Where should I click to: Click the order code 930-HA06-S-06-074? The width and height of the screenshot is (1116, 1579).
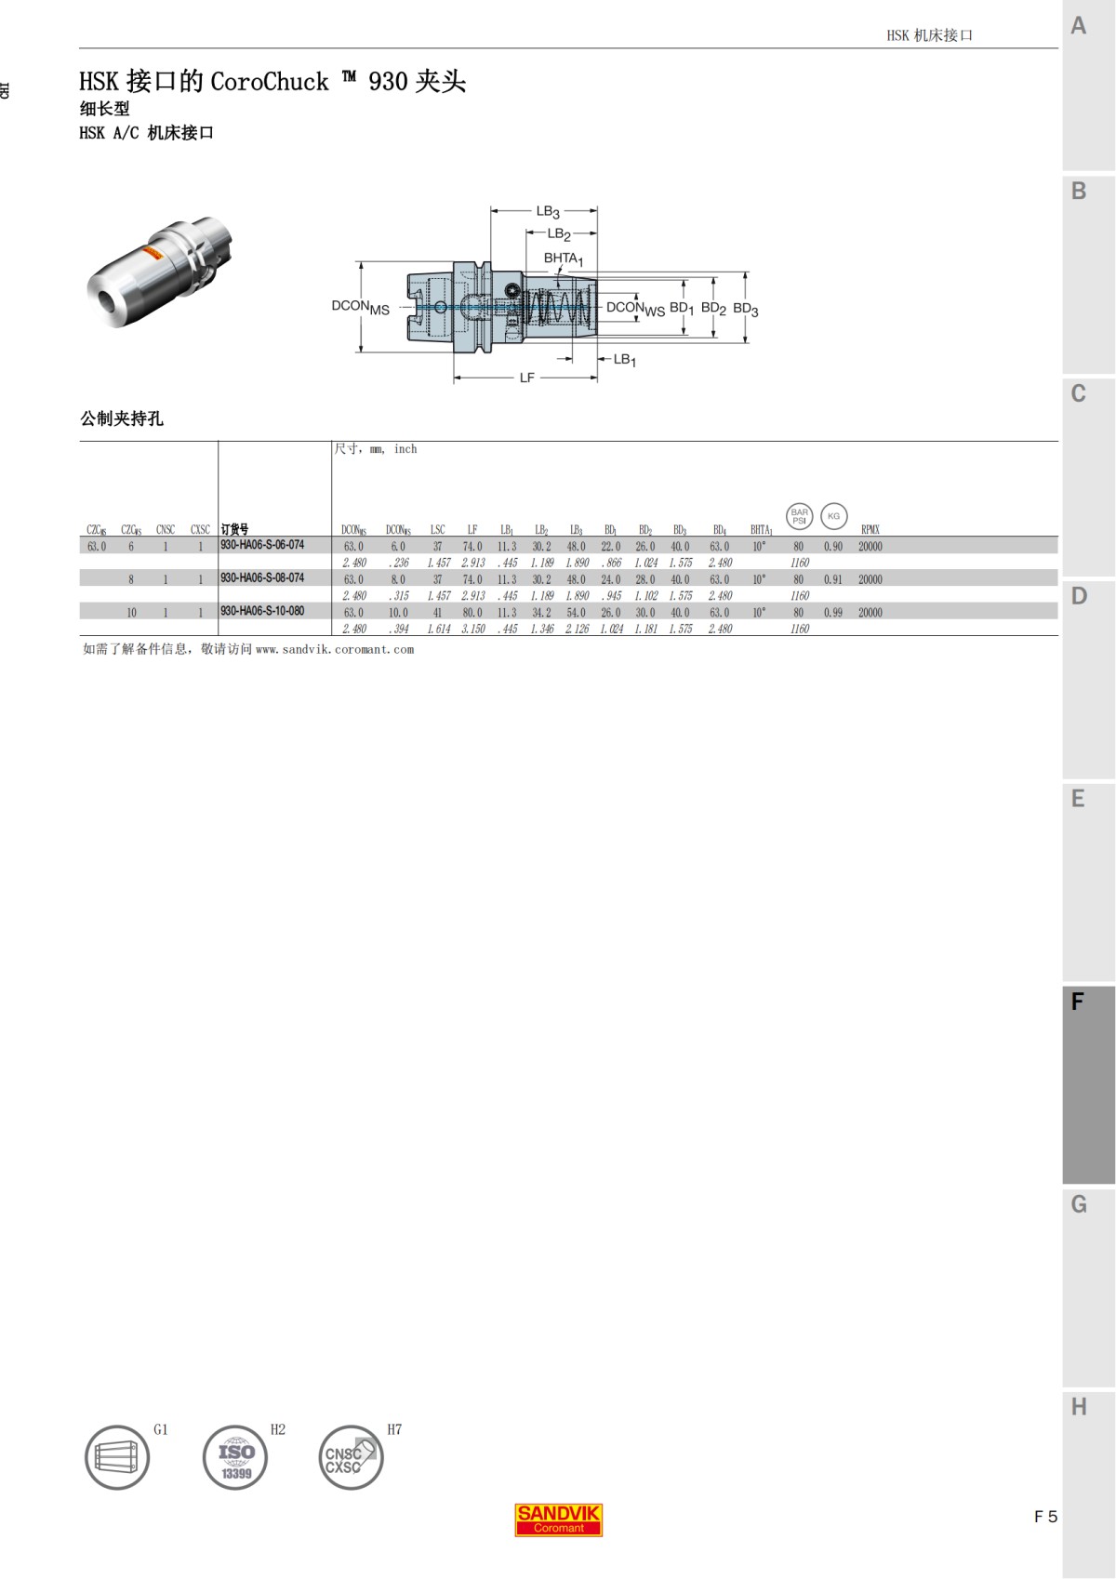click(262, 545)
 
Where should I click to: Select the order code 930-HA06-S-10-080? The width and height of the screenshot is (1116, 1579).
click(262, 611)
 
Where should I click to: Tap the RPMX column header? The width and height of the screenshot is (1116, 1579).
click(870, 530)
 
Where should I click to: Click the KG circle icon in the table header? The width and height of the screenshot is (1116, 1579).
click(833, 516)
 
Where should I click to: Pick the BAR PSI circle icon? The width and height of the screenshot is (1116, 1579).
click(799, 516)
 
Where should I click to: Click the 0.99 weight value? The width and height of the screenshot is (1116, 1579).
click(832, 613)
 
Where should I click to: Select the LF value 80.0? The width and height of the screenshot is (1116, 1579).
click(472, 613)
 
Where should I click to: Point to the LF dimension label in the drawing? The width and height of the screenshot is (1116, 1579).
click(526, 378)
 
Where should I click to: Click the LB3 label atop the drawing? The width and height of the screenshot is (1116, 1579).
click(547, 211)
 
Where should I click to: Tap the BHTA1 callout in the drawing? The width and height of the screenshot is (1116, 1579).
click(563, 259)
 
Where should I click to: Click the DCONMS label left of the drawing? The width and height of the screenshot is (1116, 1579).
click(360, 306)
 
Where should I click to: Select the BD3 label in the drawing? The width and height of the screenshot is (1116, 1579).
click(745, 309)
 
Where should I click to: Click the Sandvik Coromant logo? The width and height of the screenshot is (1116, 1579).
click(559, 1519)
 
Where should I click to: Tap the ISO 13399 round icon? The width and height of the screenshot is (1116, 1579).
click(235, 1457)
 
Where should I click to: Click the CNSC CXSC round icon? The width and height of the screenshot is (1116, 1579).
click(351, 1457)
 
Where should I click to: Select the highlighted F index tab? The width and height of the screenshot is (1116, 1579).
click(1087, 1084)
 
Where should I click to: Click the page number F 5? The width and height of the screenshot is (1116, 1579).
click(1045, 1517)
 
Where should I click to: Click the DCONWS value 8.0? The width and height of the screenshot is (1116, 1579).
click(397, 579)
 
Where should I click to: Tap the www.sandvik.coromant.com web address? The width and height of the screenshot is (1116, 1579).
click(334, 649)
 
